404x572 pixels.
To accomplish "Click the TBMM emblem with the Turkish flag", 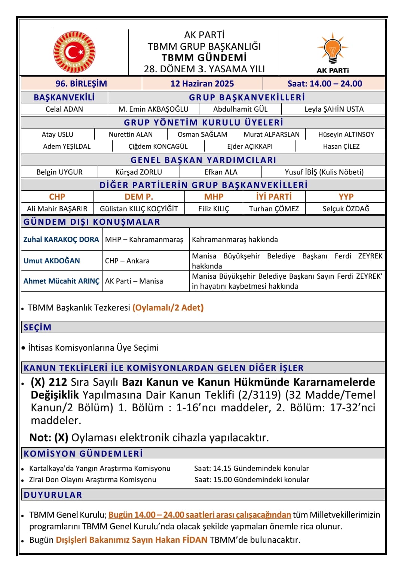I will coord(74,52).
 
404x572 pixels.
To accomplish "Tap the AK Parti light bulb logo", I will coord(333,49).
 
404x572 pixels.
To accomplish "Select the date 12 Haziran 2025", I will coord(202,84).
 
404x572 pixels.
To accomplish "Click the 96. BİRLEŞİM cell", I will coord(81,84).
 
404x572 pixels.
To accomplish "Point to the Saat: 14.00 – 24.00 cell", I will coord(324,84).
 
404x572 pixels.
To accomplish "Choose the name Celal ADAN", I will coord(64,109).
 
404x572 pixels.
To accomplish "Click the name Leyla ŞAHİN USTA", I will coord(334,109).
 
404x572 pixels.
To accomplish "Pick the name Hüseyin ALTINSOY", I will coord(346,134).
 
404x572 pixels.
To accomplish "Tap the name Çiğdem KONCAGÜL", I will coord(158,146).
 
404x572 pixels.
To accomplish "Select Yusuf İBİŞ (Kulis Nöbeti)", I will coord(324,172).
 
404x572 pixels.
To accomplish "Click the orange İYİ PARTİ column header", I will coord(274,197).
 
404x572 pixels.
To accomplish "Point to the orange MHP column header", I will coord(214,197).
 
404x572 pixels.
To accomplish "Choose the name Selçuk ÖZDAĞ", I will coord(346,209).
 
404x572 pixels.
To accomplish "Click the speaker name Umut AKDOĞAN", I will coord(52,261).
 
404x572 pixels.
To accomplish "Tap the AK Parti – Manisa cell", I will coord(134,281).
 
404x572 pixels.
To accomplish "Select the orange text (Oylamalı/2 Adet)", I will coord(168,308).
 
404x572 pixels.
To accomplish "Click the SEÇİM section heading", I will coord(37,327).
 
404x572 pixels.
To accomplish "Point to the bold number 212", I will coord(58,382).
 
